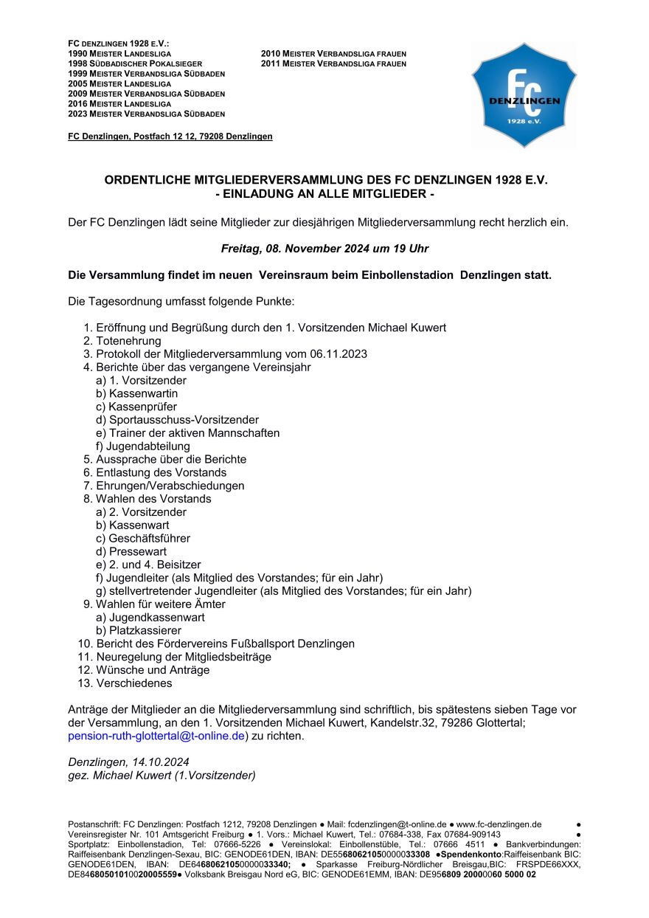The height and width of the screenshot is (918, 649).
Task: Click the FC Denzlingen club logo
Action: (524, 94)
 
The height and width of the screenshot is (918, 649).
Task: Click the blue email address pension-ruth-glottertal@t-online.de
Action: (156, 736)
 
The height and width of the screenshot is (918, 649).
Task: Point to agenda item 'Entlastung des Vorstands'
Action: (161, 472)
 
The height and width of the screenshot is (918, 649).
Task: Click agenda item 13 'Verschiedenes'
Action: (133, 683)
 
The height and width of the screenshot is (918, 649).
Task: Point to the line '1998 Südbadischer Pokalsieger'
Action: (135, 64)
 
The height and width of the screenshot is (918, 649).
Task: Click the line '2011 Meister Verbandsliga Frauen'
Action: (333, 64)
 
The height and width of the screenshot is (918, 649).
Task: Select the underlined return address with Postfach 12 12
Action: (170, 137)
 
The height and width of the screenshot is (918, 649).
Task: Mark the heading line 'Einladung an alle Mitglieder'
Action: (324, 194)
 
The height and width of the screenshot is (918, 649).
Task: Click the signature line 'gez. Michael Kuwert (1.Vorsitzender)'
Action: (162, 775)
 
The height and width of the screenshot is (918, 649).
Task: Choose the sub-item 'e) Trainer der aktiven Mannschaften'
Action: (188, 433)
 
